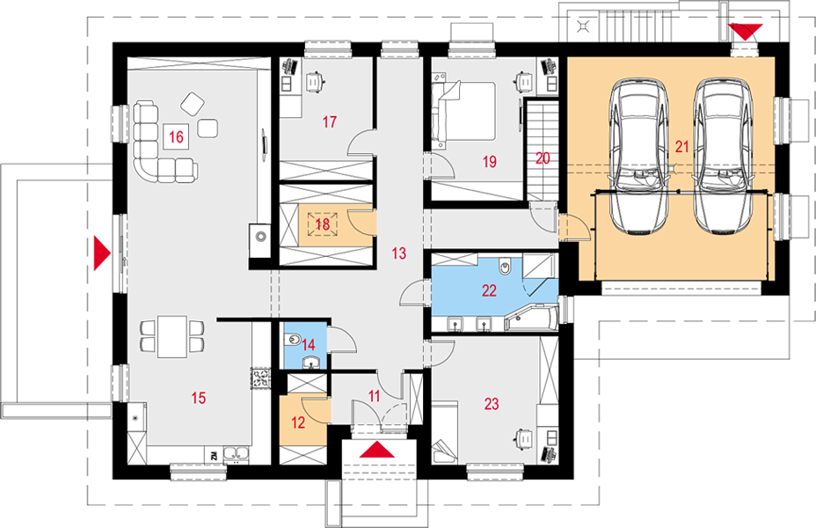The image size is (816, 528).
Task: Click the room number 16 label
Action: pos(177,137)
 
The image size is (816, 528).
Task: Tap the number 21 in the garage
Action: pos(681,147)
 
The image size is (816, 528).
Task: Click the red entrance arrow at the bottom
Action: pos(378,450)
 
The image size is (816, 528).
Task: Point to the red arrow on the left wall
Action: pos(102,253)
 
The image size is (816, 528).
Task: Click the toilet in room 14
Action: pos(293,340)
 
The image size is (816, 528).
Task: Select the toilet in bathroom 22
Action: pos(504,267)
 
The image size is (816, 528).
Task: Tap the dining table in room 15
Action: pos(172,336)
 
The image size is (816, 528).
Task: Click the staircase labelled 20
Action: pos(543,150)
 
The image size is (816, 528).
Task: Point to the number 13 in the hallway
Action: pos(398,253)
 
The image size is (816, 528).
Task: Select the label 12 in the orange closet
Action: pos(298,422)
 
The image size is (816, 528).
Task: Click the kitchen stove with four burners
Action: pos(261,378)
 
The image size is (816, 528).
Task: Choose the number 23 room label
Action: pos(492,404)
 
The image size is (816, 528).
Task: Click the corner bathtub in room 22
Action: pos(531,318)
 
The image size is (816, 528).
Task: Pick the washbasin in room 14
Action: pos(310,363)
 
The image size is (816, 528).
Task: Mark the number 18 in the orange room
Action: pos(323,224)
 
